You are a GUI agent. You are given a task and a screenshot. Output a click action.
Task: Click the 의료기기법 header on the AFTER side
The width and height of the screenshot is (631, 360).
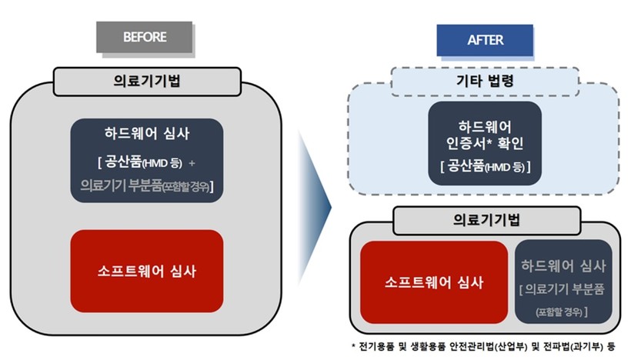click(486, 220)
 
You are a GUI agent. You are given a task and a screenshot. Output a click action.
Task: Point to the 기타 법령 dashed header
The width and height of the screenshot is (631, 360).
click(486, 81)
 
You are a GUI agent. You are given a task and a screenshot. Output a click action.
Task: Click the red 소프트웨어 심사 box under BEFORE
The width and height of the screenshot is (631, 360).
click(146, 270)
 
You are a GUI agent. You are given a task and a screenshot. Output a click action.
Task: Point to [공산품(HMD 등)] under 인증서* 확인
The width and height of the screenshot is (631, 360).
click(485, 166)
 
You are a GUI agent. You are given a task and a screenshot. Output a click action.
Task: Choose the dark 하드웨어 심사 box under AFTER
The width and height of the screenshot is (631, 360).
click(563, 282)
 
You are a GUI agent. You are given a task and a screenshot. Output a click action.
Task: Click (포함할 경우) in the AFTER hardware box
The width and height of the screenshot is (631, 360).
click(563, 312)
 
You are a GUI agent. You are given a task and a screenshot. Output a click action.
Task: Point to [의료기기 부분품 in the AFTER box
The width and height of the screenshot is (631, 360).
click(563, 290)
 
